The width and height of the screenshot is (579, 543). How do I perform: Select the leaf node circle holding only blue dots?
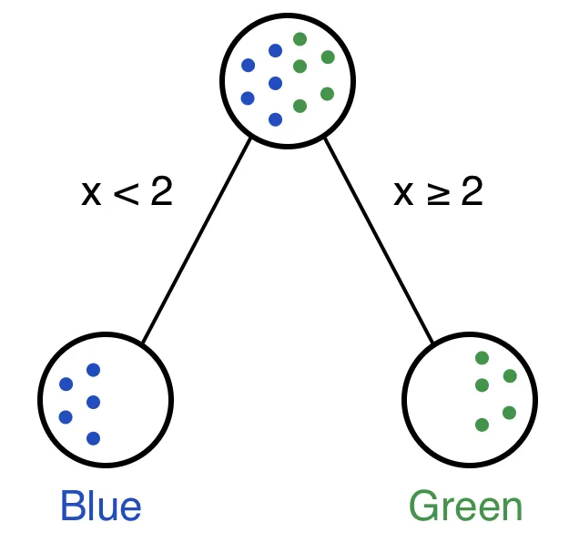[x=106, y=399]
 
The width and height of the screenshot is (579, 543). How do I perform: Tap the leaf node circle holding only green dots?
[x=470, y=399]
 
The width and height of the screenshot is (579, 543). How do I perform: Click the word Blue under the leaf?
[x=101, y=507]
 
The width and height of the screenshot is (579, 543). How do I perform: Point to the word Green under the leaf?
[x=465, y=507]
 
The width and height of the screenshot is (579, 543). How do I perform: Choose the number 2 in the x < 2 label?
[x=160, y=193]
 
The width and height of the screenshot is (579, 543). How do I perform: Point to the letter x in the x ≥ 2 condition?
[x=404, y=195]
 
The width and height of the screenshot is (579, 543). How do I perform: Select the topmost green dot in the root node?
[x=300, y=39]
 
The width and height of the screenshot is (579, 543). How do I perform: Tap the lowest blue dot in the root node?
[x=276, y=119]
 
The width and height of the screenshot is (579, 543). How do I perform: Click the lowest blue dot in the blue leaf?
[x=93, y=438]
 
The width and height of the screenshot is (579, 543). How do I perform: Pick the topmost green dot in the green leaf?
[x=482, y=358]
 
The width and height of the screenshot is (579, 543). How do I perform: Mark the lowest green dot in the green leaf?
[x=482, y=425]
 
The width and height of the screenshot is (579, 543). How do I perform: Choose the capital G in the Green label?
[x=423, y=507]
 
